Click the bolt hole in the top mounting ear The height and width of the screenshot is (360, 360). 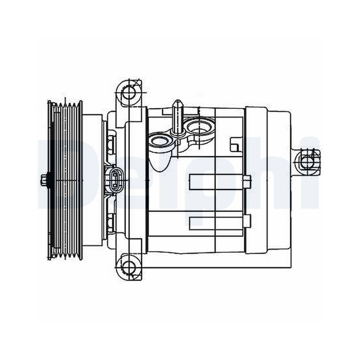[x=128, y=93]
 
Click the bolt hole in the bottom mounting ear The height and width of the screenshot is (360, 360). [x=128, y=267]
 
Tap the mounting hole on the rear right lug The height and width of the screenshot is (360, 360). [x=307, y=162]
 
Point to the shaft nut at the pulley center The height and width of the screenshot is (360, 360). [x=44, y=180]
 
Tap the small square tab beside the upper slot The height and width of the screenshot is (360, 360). [x=247, y=182]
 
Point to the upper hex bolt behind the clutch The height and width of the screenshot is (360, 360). [x=111, y=143]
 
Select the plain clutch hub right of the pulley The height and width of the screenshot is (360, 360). [x=92, y=180]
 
